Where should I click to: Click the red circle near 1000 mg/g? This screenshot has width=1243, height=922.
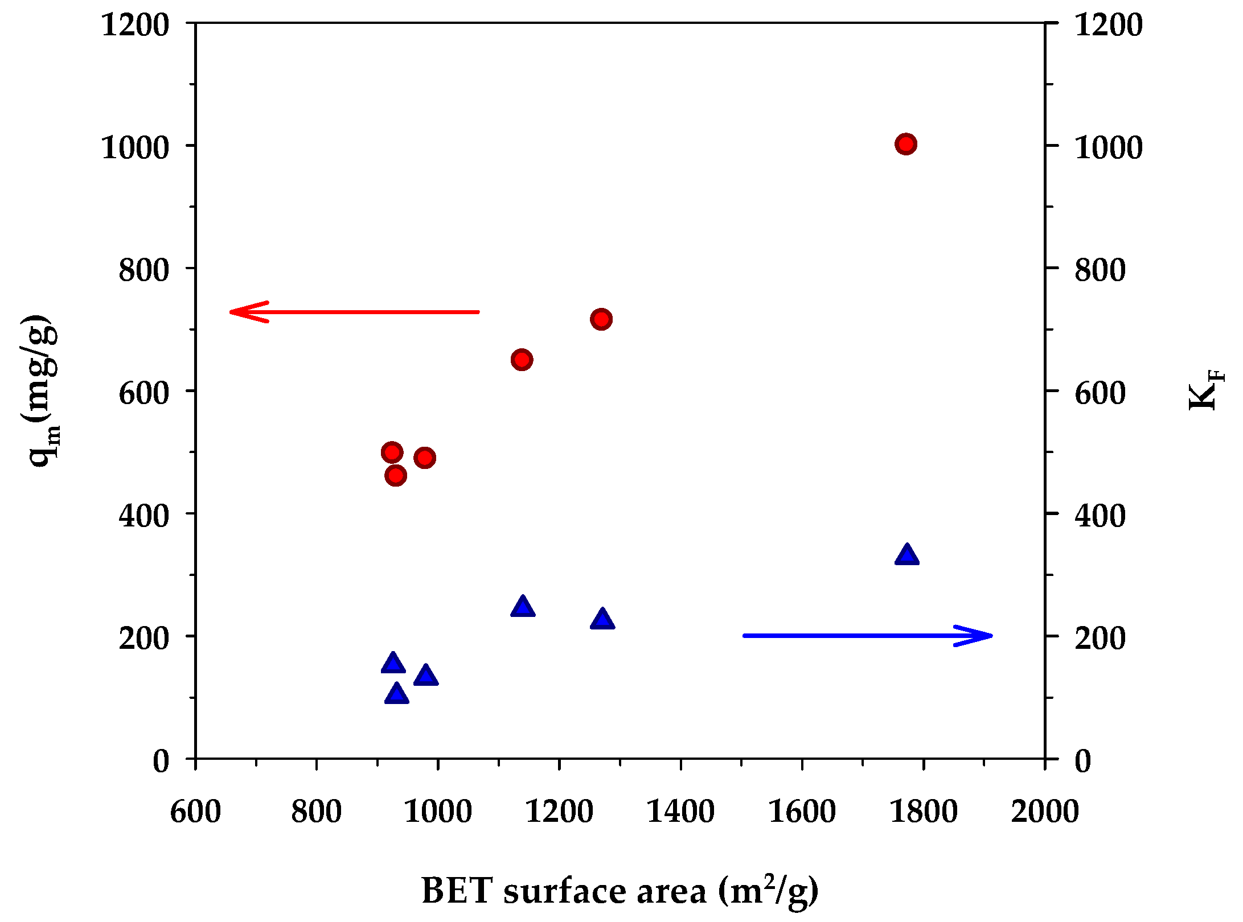(905, 144)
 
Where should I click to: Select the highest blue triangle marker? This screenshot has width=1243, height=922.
(906, 555)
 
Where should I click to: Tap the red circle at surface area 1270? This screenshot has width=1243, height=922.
(601, 319)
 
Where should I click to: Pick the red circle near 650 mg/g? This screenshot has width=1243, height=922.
(522, 360)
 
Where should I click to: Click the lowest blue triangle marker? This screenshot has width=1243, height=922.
(396, 694)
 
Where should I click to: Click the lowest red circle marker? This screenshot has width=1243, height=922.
(396, 475)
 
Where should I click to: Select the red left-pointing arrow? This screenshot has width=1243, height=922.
(353, 312)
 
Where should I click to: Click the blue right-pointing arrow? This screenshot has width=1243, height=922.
(867, 636)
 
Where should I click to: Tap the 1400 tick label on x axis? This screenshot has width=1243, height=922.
(680, 811)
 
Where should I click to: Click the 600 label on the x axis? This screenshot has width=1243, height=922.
(195, 811)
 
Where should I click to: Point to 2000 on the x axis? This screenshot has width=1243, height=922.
(1045, 811)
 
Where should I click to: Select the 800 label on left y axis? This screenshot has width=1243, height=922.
(143, 270)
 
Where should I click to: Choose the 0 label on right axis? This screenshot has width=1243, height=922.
(1082, 761)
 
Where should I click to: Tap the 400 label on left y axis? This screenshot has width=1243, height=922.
(143, 516)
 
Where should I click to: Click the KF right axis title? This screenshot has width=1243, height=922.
(1206, 390)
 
